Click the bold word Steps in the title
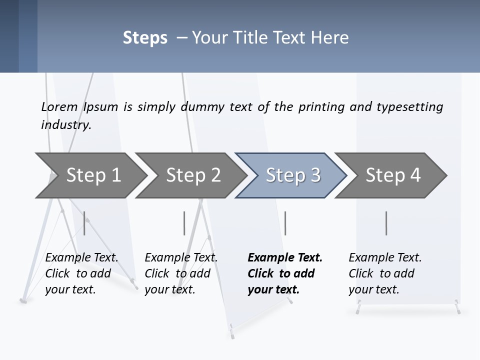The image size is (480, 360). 145,38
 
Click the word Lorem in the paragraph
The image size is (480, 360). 59,106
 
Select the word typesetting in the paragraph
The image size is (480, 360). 409,107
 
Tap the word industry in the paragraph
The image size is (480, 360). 66,125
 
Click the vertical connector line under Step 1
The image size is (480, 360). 84,223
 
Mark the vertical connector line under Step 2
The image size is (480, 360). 184,223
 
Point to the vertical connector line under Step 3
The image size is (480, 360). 285,223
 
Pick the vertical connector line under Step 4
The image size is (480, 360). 386,223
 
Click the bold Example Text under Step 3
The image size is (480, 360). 285,257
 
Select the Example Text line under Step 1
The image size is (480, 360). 81,257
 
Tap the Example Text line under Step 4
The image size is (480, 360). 385,257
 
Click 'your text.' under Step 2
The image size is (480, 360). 169,289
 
